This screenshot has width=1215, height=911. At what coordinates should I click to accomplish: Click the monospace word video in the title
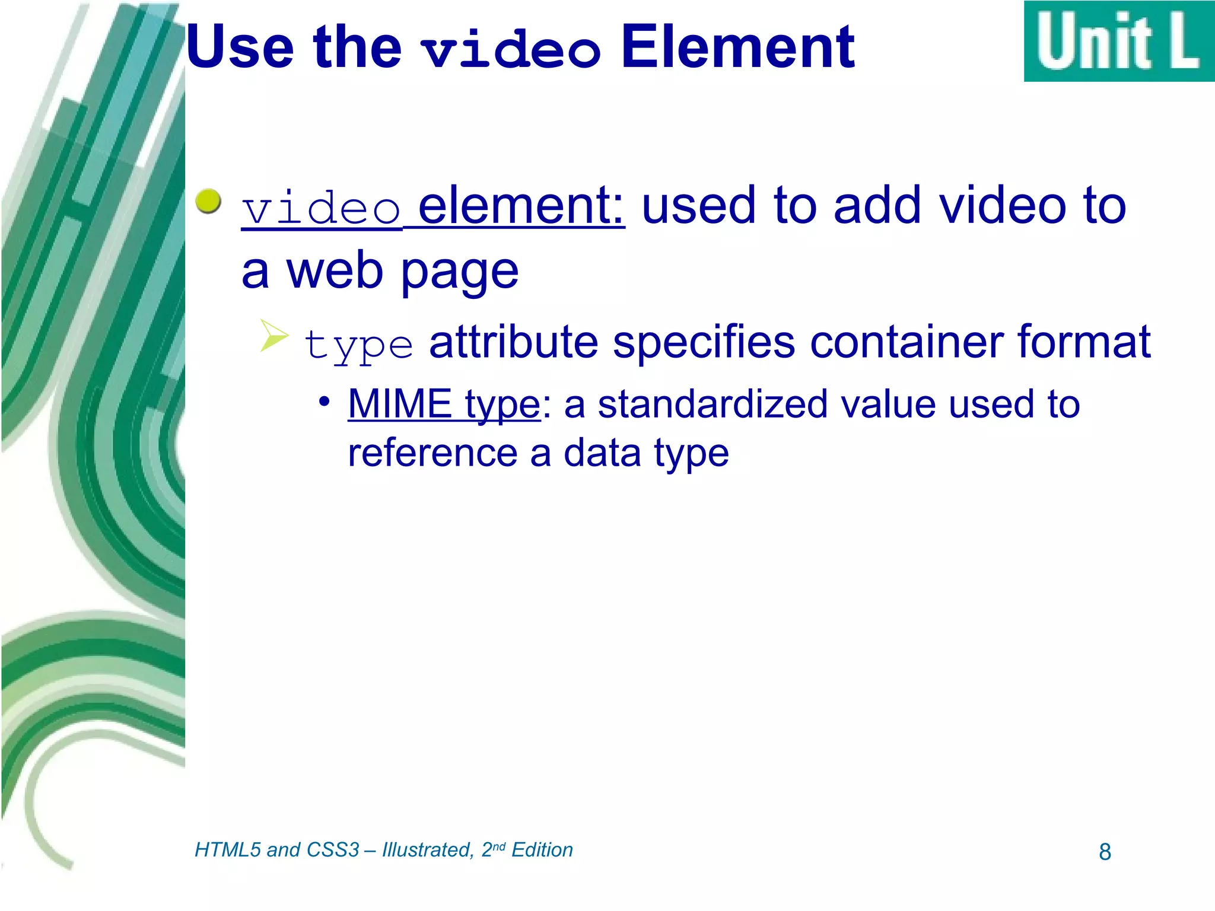click(x=511, y=50)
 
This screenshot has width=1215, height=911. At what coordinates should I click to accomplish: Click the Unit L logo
click(x=1119, y=42)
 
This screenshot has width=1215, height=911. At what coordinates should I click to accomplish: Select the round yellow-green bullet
click(x=208, y=202)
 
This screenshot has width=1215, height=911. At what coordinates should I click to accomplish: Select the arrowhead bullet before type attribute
click(x=273, y=335)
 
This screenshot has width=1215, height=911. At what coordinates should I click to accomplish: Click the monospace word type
click(x=358, y=345)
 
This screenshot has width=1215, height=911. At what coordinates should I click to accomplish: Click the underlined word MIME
click(x=400, y=404)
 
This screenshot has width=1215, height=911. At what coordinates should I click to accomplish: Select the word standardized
click(x=712, y=404)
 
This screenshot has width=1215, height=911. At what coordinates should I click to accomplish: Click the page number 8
click(x=1105, y=852)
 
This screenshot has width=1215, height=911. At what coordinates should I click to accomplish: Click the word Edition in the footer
click(x=542, y=850)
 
